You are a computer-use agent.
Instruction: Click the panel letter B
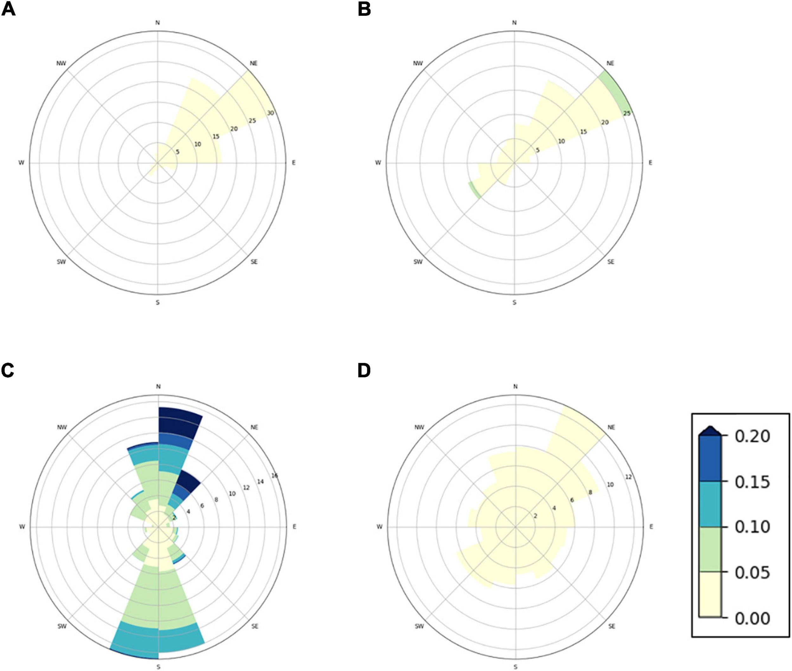(364, 9)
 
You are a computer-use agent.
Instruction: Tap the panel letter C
(8, 370)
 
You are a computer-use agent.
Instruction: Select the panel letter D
(364, 370)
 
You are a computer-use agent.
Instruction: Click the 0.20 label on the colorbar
(752, 436)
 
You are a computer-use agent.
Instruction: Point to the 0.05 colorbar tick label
(752, 573)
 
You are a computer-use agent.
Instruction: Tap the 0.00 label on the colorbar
(752, 618)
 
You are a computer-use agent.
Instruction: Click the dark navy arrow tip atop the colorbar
(710, 432)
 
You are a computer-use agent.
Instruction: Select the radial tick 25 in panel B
(627, 113)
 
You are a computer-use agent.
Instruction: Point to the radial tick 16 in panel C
(274, 476)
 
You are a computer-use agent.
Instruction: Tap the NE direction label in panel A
(253, 63)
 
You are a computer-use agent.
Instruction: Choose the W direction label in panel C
(22, 527)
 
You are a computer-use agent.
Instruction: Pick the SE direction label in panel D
(611, 626)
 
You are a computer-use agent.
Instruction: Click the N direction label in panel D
(515, 387)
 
